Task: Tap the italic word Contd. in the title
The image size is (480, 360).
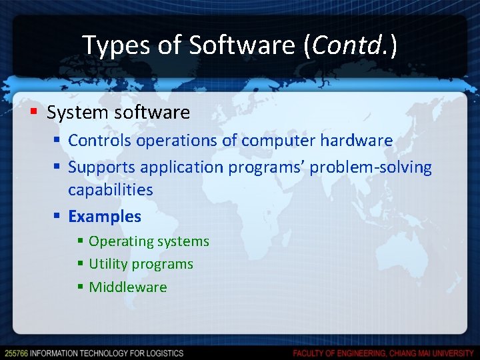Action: [x=351, y=45]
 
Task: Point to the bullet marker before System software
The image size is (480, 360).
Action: [x=35, y=112]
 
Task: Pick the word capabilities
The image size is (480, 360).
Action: [x=111, y=190]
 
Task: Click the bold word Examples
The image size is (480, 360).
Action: [x=105, y=217]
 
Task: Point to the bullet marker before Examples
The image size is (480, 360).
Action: [x=58, y=217]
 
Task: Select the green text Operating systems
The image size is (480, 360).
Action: [x=149, y=241]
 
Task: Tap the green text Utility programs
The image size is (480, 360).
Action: [x=141, y=264]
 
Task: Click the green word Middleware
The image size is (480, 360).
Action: [x=128, y=287]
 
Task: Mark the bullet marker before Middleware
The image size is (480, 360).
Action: [x=80, y=287]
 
